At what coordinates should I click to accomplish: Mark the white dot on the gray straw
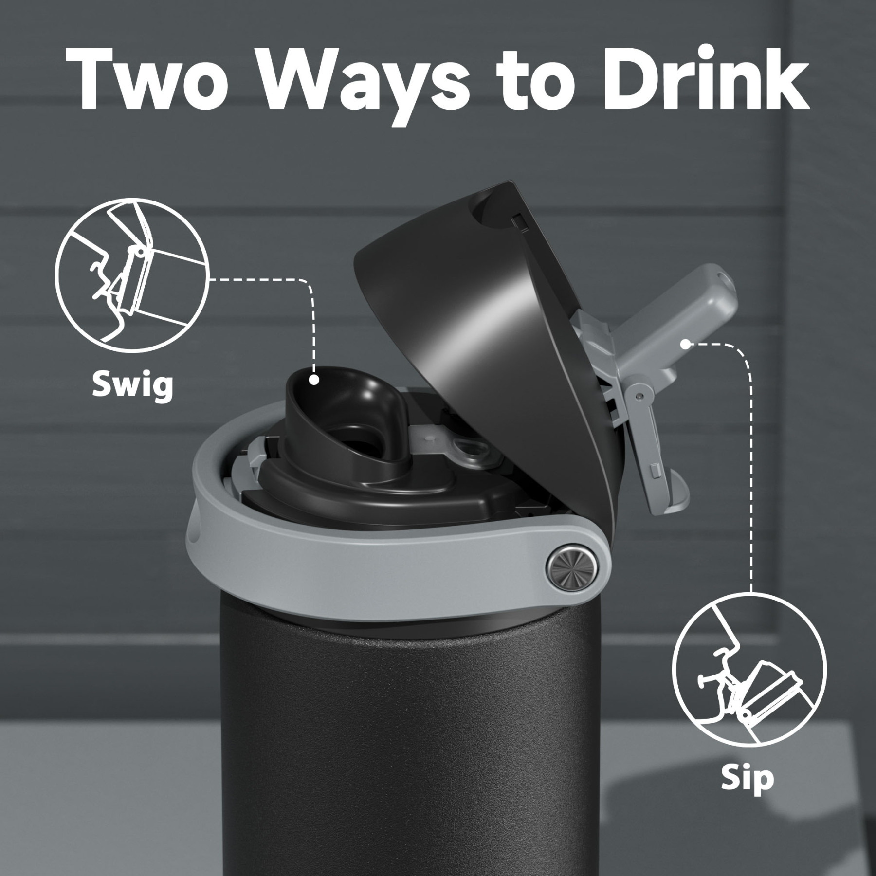[685, 344]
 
